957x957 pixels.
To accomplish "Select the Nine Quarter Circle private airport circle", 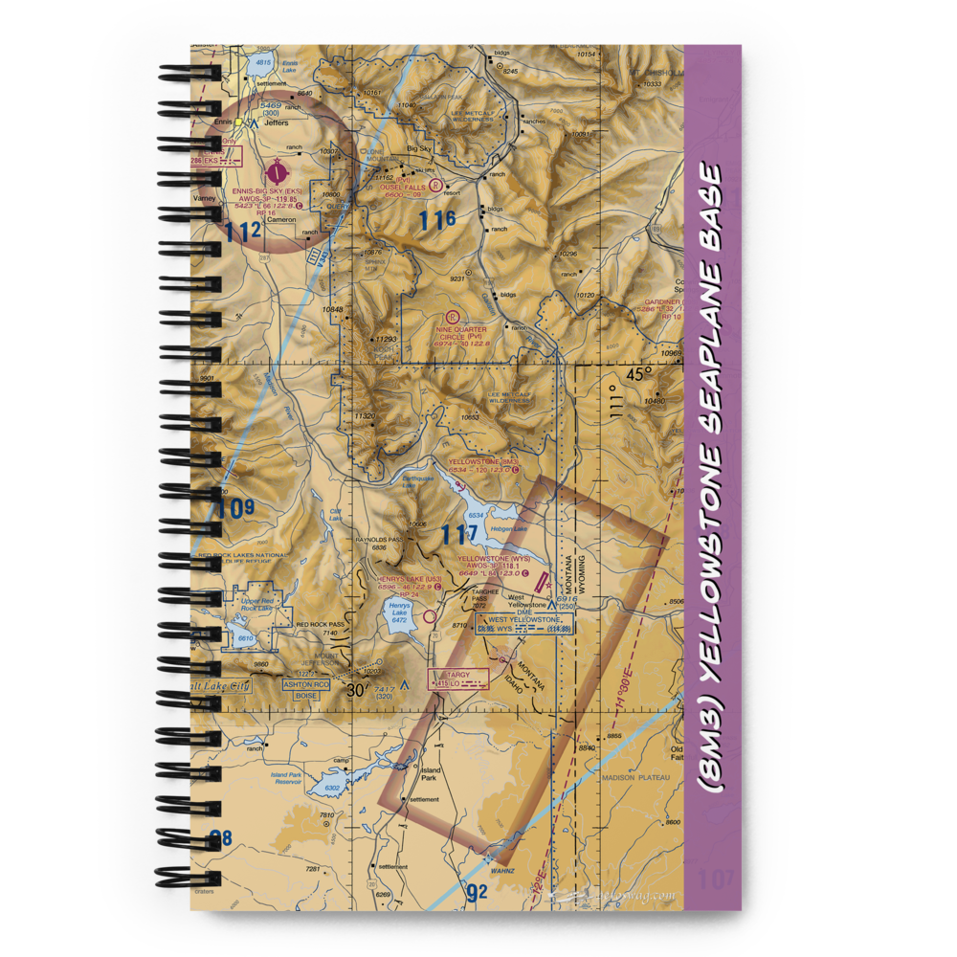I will [x=453, y=316].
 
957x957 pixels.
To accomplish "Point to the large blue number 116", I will [x=436, y=221].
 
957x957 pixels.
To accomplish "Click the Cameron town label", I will [x=281, y=219].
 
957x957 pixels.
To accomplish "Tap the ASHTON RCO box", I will [x=307, y=685].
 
